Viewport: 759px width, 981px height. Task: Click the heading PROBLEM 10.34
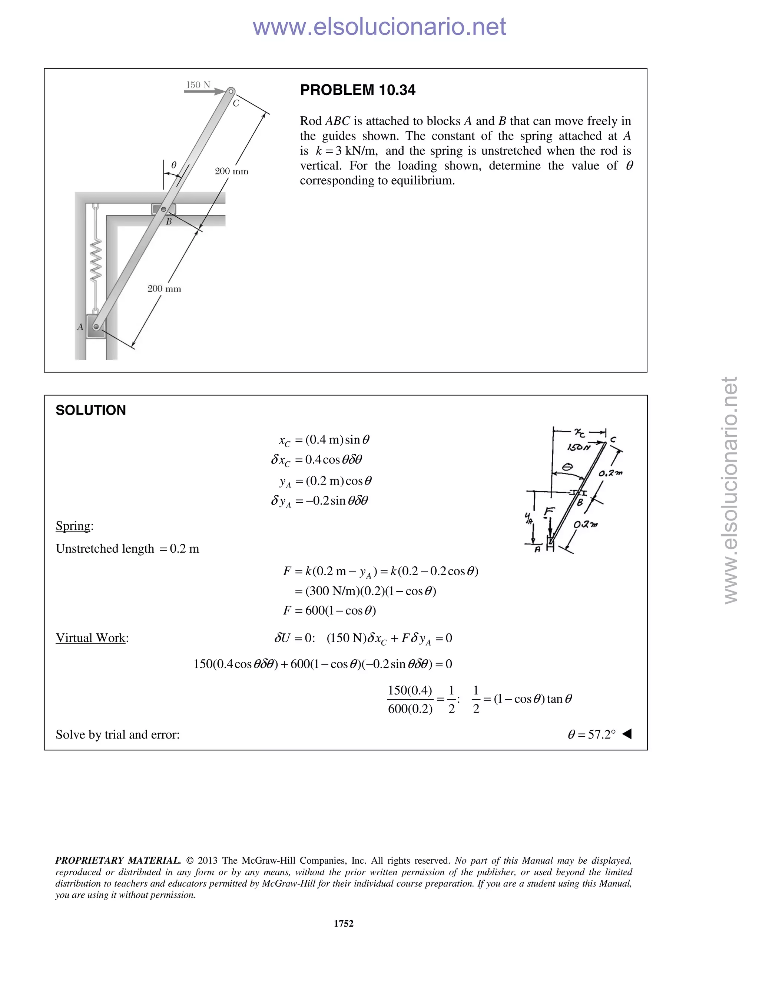click(358, 90)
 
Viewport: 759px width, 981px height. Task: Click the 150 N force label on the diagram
click(198, 85)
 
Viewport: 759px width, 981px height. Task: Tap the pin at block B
click(164, 209)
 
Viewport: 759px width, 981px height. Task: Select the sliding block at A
click(96, 327)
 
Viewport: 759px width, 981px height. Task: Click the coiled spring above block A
click(95, 261)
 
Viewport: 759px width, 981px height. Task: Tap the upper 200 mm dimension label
click(231, 171)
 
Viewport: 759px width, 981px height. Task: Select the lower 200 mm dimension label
click(164, 289)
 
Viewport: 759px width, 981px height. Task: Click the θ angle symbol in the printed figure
click(173, 165)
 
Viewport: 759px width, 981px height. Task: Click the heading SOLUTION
click(91, 410)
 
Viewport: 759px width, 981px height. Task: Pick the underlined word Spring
click(73, 526)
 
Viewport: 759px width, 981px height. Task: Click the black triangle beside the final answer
click(627, 734)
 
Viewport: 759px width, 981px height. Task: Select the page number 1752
click(344, 923)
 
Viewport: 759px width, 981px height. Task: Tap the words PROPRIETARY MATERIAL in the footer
click(118, 860)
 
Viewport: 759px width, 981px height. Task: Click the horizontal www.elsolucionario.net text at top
click(379, 27)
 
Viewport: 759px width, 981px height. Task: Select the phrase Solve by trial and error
click(117, 734)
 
